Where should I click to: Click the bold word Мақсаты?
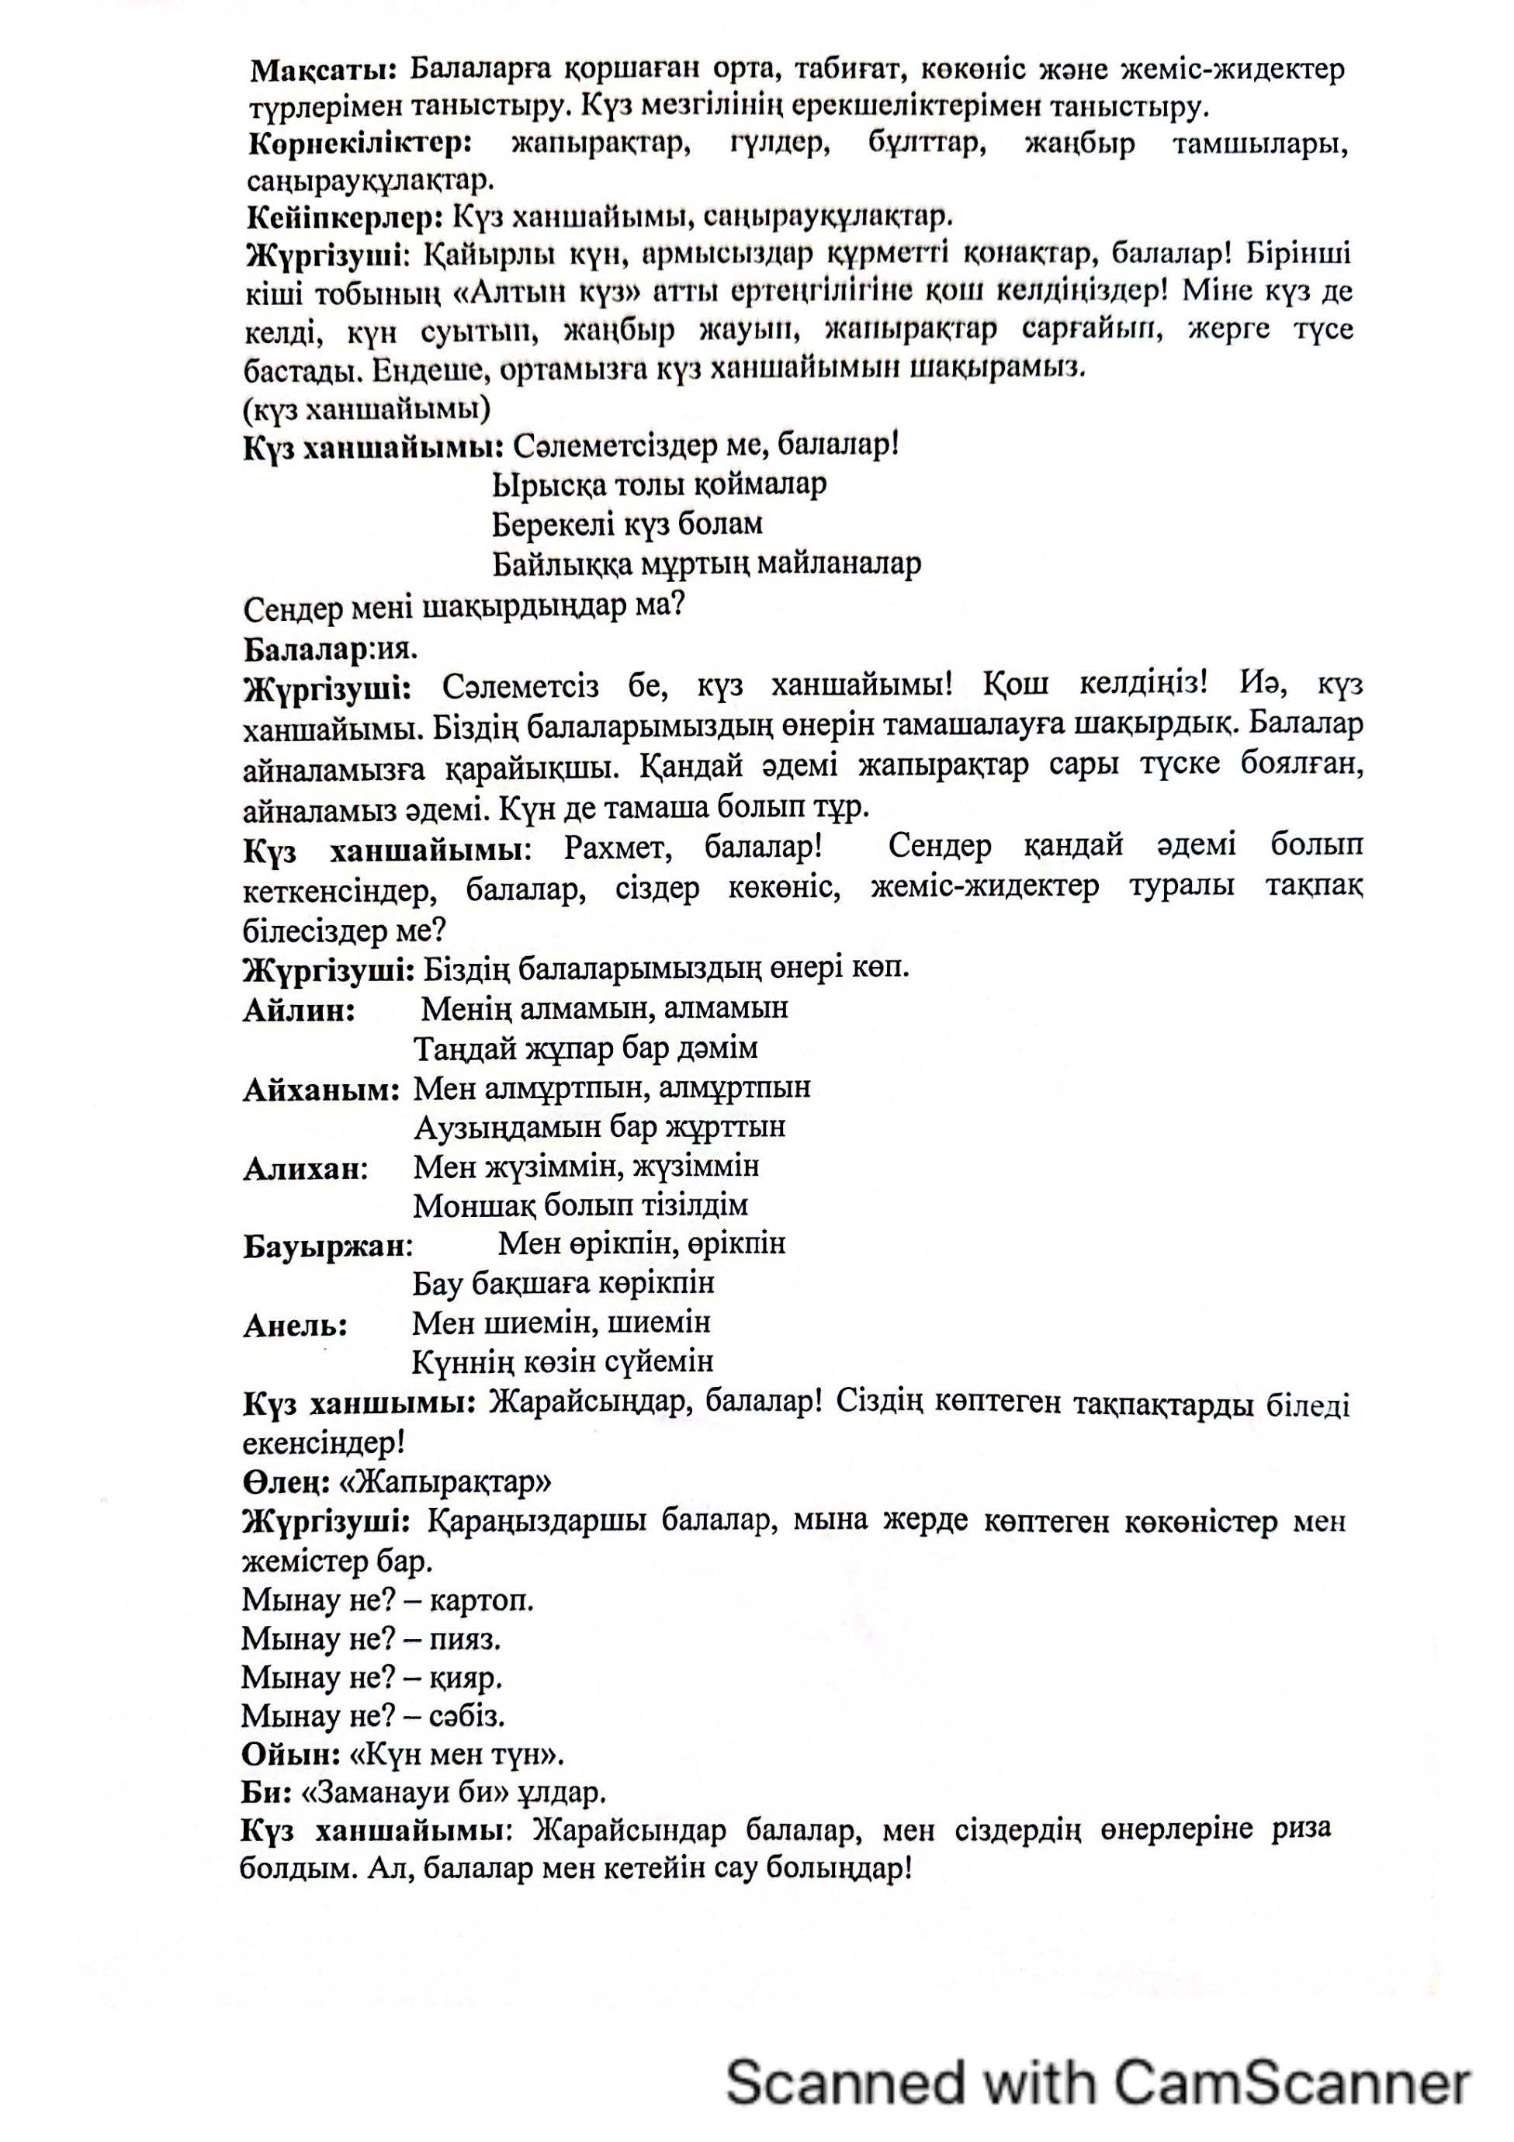[x=323, y=70]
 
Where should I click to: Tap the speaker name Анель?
[x=295, y=1326]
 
